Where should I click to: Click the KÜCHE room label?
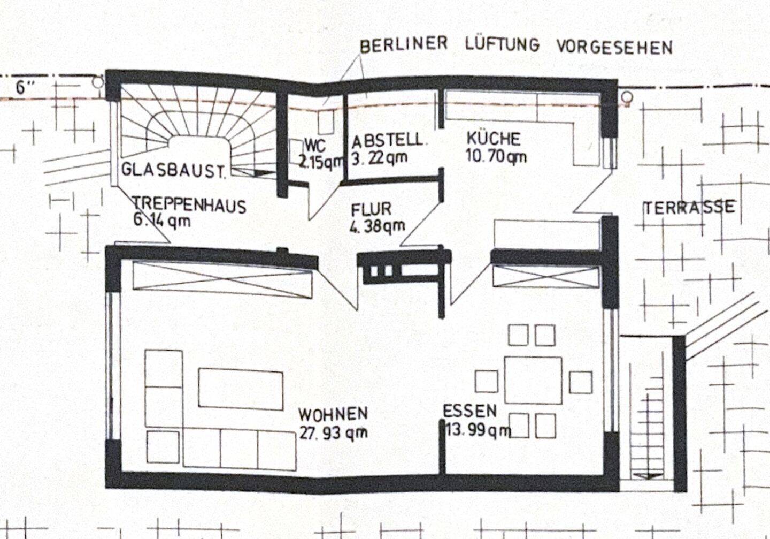click(493, 139)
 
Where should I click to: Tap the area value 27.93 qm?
click(333, 432)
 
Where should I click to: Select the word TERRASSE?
click(689, 208)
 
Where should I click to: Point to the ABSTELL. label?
click(387, 140)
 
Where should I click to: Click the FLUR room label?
click(371, 209)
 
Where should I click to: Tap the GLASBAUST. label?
click(174, 171)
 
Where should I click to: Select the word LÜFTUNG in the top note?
click(503, 44)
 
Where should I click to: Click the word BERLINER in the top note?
click(404, 44)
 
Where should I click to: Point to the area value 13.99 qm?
click(478, 430)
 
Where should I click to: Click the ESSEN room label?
click(469, 411)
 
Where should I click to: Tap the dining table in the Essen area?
click(533, 381)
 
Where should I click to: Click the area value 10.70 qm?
click(496, 157)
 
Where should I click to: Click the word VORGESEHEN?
click(614, 47)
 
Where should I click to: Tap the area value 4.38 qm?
click(378, 226)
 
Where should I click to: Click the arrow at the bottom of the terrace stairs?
click(648, 475)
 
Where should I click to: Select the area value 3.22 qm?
click(380, 158)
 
